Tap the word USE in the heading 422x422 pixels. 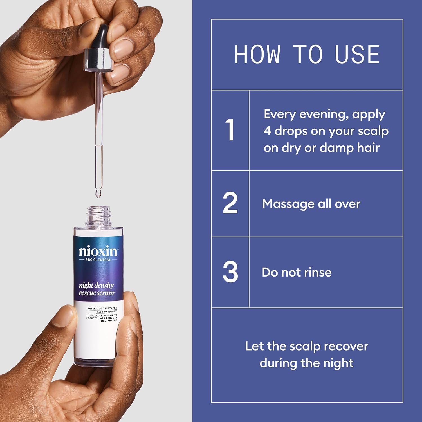point(357,54)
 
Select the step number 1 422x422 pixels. point(230,130)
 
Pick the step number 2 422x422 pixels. point(230,203)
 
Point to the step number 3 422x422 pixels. point(230,272)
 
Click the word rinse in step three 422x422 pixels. point(318,272)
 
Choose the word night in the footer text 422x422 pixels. point(339,363)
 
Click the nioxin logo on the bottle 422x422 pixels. point(98,251)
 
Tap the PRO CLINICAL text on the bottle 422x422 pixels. point(98,260)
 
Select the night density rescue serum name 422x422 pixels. point(96,289)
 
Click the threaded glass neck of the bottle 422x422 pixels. point(98,215)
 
